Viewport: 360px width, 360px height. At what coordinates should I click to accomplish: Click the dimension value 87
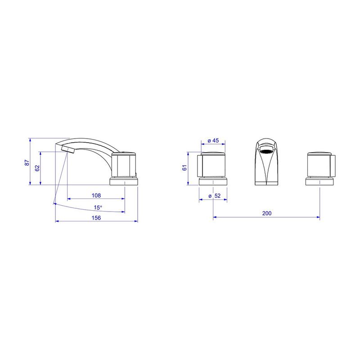click(x=27, y=162)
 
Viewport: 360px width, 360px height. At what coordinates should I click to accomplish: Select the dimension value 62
click(x=37, y=168)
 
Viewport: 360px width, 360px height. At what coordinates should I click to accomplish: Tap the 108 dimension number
click(x=96, y=195)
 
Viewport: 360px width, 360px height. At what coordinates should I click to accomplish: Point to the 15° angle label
click(x=98, y=207)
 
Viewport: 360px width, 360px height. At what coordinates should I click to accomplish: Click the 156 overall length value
click(x=96, y=218)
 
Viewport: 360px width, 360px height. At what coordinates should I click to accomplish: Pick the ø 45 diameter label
click(x=213, y=140)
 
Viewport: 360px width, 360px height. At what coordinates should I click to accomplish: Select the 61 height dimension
click(x=184, y=168)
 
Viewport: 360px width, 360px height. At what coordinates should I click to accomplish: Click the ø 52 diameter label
click(x=215, y=196)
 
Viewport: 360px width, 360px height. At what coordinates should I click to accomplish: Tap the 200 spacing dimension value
click(x=267, y=213)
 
